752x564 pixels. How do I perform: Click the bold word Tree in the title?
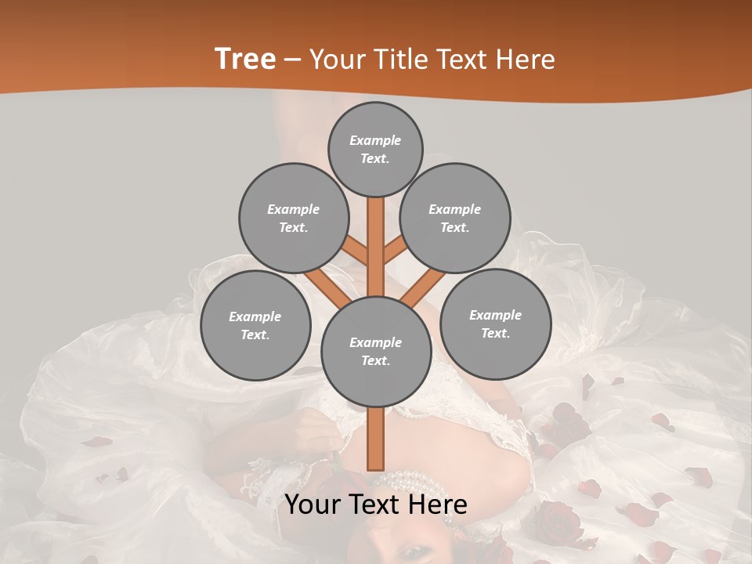pos(245,59)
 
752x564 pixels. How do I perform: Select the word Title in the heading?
pos(401,60)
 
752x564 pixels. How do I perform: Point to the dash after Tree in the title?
pos(293,60)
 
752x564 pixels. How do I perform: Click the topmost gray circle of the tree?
pos(375,149)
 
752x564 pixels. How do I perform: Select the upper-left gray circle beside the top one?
pos(293,218)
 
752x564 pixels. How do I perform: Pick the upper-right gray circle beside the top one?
pos(455,218)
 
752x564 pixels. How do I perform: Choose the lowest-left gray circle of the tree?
pos(255,325)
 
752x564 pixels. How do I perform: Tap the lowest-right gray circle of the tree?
pos(495,324)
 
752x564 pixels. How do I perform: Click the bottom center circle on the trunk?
pos(376,351)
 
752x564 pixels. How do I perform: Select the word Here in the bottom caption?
pos(438,505)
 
